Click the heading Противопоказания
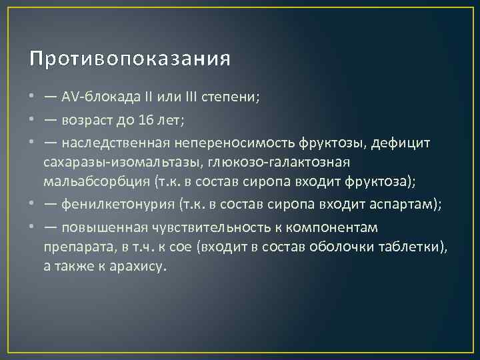(130, 59)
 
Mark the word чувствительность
(211, 228)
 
